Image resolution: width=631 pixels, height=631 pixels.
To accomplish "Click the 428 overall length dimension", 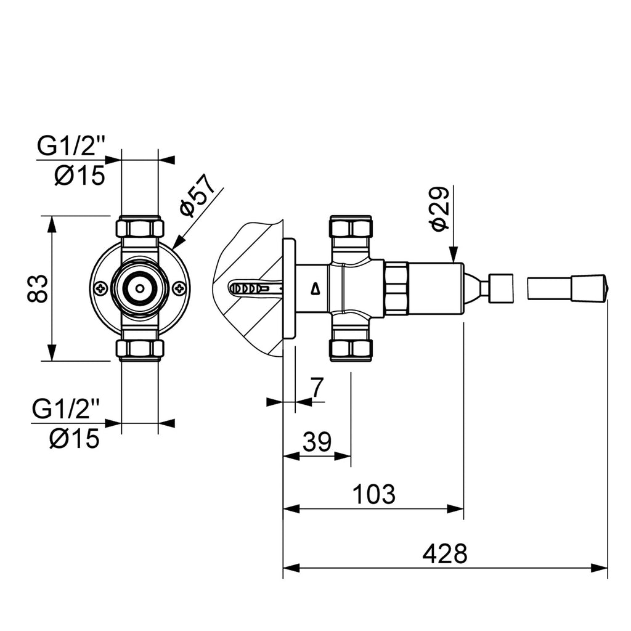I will point(445,553).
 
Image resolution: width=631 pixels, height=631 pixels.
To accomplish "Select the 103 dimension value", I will point(373,494).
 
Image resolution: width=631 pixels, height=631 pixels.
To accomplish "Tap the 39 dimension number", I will point(317,441).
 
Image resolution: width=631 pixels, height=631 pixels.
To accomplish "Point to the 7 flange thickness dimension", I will point(317,388).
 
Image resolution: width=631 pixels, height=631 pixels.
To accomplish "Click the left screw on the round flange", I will point(101,287).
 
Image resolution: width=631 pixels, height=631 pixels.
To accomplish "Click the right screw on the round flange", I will point(179,287).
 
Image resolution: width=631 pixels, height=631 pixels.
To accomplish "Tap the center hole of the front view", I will point(140,287).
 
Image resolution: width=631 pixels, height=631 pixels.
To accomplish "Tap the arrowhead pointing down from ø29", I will point(453,255).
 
